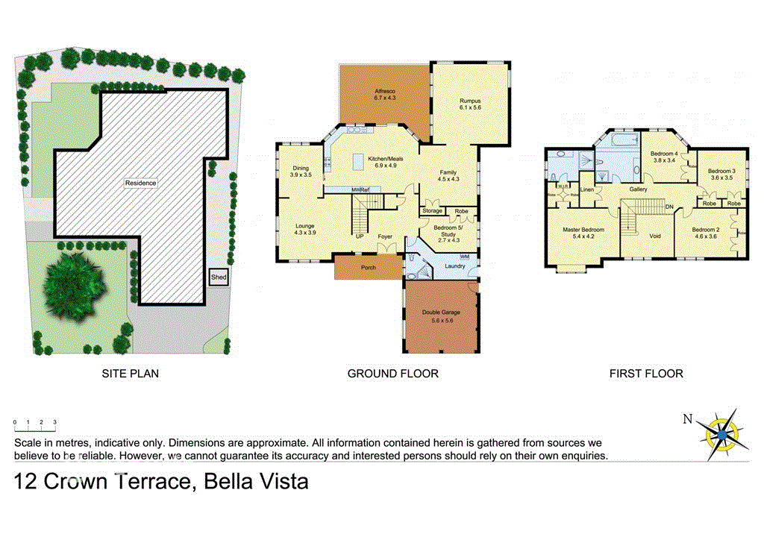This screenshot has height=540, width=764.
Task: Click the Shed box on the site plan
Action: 219,277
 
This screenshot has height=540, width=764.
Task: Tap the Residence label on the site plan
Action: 140,183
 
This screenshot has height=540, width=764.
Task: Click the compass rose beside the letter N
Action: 721,431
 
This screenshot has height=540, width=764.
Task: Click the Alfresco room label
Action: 385,94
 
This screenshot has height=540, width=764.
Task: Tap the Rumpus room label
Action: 470,104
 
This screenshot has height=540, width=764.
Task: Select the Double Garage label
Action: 441,316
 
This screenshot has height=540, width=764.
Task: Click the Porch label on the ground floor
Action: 368,266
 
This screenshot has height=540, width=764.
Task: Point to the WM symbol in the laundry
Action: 465,257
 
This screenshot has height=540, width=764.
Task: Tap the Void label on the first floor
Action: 655,236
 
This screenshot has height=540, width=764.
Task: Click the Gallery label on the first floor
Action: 638,189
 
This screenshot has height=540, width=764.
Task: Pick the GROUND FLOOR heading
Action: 392,374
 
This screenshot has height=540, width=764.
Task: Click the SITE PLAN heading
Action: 131,374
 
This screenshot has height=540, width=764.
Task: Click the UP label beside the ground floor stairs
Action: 359,236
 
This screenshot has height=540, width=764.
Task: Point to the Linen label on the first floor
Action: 587,190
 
